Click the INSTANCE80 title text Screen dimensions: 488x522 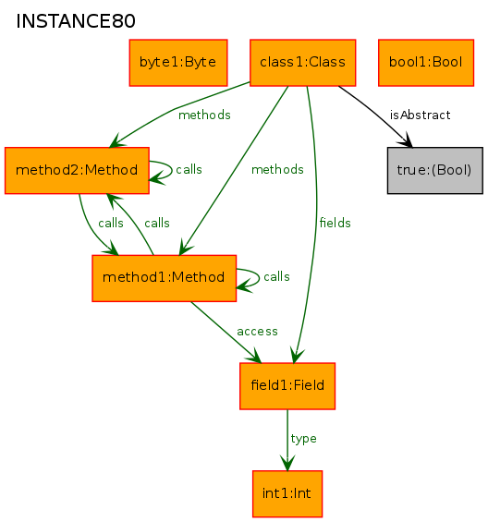[x=76, y=21]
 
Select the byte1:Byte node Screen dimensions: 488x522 [x=178, y=63]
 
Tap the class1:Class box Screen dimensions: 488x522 [x=303, y=63]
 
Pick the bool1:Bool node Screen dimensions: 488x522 [x=426, y=63]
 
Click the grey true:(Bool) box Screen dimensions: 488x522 [x=435, y=170]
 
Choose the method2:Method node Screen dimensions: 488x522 [x=77, y=170]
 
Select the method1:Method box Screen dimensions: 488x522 [x=165, y=278]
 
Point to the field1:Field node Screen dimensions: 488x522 [x=287, y=386]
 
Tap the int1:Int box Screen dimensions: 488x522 [x=287, y=493]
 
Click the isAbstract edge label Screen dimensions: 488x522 [x=420, y=115]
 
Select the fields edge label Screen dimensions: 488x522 [x=335, y=223]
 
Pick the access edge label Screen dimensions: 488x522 [x=257, y=332]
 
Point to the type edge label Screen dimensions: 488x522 [x=303, y=439]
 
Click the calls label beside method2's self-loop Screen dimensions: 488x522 [x=189, y=169]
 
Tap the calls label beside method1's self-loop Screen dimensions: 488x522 [x=276, y=276]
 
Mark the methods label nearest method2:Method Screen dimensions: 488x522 [x=204, y=115]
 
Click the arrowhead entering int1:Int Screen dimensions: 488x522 [x=287, y=464]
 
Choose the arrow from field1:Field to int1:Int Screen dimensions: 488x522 [x=287, y=440]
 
